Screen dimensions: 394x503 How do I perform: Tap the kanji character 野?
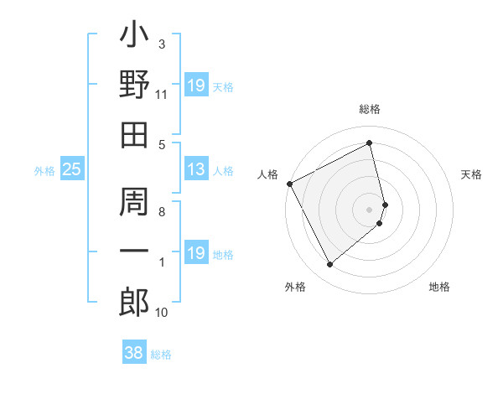[134, 86]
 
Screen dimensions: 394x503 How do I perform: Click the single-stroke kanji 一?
[134, 251]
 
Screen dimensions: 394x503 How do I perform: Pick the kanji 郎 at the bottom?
[134, 301]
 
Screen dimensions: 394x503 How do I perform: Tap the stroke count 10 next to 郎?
[163, 313]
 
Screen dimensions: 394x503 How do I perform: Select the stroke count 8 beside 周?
[162, 212]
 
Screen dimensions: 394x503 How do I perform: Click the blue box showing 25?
[71, 170]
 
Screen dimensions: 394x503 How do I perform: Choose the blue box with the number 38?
[132, 354]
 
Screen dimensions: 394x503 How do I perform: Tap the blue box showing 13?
[195, 170]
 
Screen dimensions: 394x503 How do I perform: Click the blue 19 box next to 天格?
[195, 86]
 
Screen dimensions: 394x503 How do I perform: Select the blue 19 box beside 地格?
[195, 253]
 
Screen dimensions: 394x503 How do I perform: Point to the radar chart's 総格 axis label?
[370, 109]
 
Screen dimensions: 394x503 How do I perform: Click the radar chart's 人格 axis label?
[268, 174]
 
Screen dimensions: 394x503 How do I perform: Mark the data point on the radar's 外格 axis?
[329, 264]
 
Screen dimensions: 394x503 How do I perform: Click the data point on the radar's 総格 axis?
[370, 143]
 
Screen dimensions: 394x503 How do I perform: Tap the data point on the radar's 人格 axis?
[289, 183]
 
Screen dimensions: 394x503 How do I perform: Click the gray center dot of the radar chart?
[370, 209]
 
